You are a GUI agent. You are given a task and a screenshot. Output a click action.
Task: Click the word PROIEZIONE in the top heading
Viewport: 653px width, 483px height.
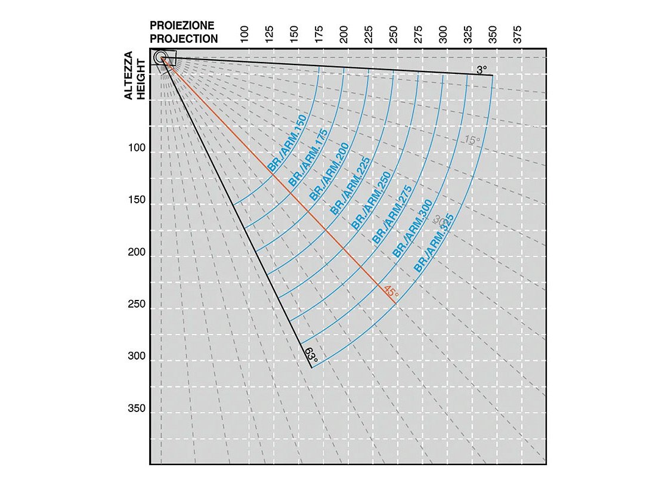(x=182, y=26)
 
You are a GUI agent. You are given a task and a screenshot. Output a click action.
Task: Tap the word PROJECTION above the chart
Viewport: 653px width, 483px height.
(x=183, y=39)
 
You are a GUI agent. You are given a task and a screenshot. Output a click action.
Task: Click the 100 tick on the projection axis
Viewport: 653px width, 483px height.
(x=244, y=35)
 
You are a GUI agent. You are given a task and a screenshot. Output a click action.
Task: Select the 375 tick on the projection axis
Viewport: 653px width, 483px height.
(x=518, y=35)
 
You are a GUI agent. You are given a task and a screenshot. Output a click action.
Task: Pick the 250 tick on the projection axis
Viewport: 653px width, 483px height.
(x=393, y=35)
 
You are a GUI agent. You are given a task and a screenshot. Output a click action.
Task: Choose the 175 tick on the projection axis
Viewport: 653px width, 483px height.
(x=318, y=35)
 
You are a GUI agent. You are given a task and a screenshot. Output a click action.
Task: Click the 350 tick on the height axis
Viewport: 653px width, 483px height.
(x=137, y=413)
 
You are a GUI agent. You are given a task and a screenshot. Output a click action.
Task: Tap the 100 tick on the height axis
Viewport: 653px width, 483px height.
(x=137, y=153)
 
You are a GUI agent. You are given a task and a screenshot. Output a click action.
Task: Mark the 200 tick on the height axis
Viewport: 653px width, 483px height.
(x=137, y=256)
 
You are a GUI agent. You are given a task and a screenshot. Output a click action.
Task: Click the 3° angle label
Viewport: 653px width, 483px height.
(x=482, y=70)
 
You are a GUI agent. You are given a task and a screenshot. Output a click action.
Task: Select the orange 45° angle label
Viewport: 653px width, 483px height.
(x=391, y=292)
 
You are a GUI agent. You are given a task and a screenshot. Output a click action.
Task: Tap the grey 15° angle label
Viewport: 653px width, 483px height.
(x=472, y=141)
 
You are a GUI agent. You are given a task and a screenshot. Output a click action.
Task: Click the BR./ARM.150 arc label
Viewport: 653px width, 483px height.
(x=288, y=144)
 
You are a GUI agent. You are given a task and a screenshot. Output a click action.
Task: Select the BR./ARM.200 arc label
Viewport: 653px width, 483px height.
(x=329, y=173)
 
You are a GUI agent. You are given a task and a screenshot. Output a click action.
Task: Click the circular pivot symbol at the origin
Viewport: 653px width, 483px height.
(x=160, y=57)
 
